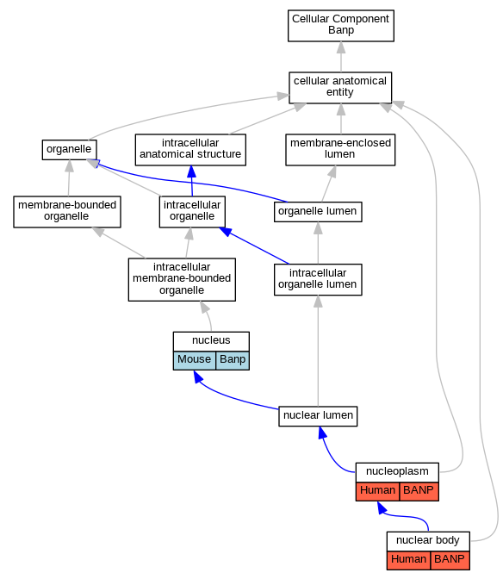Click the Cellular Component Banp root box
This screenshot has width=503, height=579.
(340, 26)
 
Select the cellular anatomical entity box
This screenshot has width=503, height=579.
(340, 88)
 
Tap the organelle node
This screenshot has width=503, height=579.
(70, 150)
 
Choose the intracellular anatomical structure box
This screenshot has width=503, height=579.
(190, 150)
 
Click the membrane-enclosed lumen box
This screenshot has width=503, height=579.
(340, 150)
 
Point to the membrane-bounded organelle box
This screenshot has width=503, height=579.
(67, 212)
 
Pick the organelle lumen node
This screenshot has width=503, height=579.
(318, 212)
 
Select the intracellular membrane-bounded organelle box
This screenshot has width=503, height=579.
(182, 279)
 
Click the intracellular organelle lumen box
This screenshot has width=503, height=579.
(318, 279)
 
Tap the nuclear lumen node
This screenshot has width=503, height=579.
(318, 416)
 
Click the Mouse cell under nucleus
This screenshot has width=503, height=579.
(195, 360)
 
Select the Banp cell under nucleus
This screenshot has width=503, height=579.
(233, 360)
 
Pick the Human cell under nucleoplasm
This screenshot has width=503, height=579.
(377, 491)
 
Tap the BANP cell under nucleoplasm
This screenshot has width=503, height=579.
(419, 491)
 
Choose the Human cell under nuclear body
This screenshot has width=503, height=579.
(408, 560)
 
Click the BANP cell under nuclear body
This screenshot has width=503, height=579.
(450, 560)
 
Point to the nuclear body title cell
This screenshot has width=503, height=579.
(428, 541)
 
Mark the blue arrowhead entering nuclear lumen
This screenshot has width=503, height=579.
(322, 432)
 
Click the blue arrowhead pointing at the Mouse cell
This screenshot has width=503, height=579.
(198, 377)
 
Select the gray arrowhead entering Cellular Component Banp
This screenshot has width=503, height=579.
(341, 47)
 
